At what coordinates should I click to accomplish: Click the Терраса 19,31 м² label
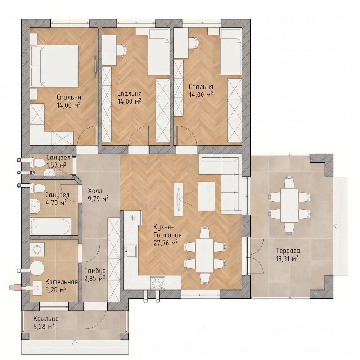[287, 255]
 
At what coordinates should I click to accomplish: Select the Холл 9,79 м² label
[98, 195]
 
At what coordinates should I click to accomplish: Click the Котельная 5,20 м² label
[61, 285]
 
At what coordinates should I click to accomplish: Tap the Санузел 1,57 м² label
[58, 161]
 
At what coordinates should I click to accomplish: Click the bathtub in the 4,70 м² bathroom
[50, 226]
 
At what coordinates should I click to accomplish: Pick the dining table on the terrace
[289, 205]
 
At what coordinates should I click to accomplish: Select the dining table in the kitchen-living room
[205, 255]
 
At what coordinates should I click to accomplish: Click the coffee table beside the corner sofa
[206, 196]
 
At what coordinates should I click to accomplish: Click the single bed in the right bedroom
[231, 51]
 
